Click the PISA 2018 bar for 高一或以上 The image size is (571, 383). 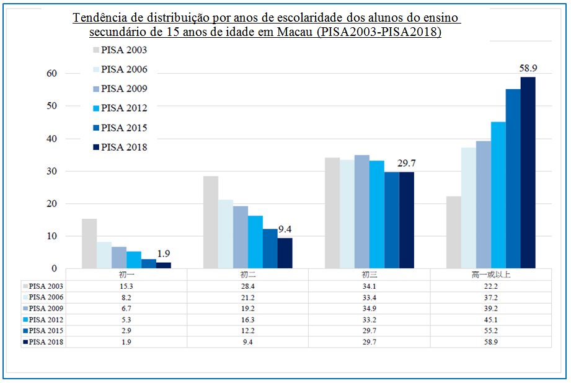click(528, 173)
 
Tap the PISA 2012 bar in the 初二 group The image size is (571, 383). click(255, 242)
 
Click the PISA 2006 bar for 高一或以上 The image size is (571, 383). click(468, 208)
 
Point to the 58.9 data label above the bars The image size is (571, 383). click(528, 69)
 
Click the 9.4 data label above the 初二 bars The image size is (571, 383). click(285, 229)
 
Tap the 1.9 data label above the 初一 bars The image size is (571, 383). click(164, 253)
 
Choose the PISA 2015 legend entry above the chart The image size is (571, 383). click(123, 128)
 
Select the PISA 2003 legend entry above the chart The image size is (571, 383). click(123, 50)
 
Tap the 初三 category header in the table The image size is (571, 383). click(370, 274)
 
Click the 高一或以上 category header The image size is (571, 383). click(491, 274)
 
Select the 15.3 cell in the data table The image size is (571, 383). click(126, 286)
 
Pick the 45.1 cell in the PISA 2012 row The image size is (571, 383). click(491, 319)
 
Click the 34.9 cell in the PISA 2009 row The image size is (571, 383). click(370, 308)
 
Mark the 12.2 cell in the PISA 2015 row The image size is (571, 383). click(248, 330)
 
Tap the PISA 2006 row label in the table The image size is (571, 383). click(46, 297)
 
